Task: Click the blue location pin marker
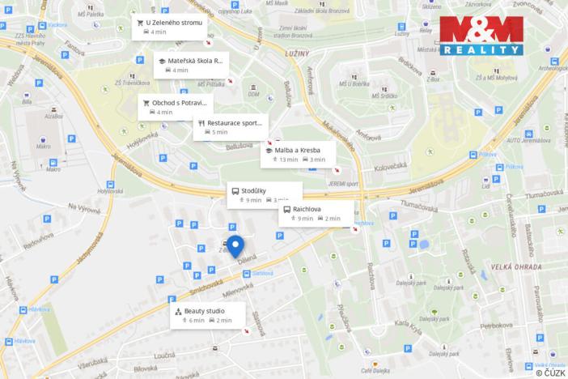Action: tap(235, 247)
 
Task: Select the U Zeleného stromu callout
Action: tap(170, 27)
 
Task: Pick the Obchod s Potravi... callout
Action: tap(175, 107)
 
